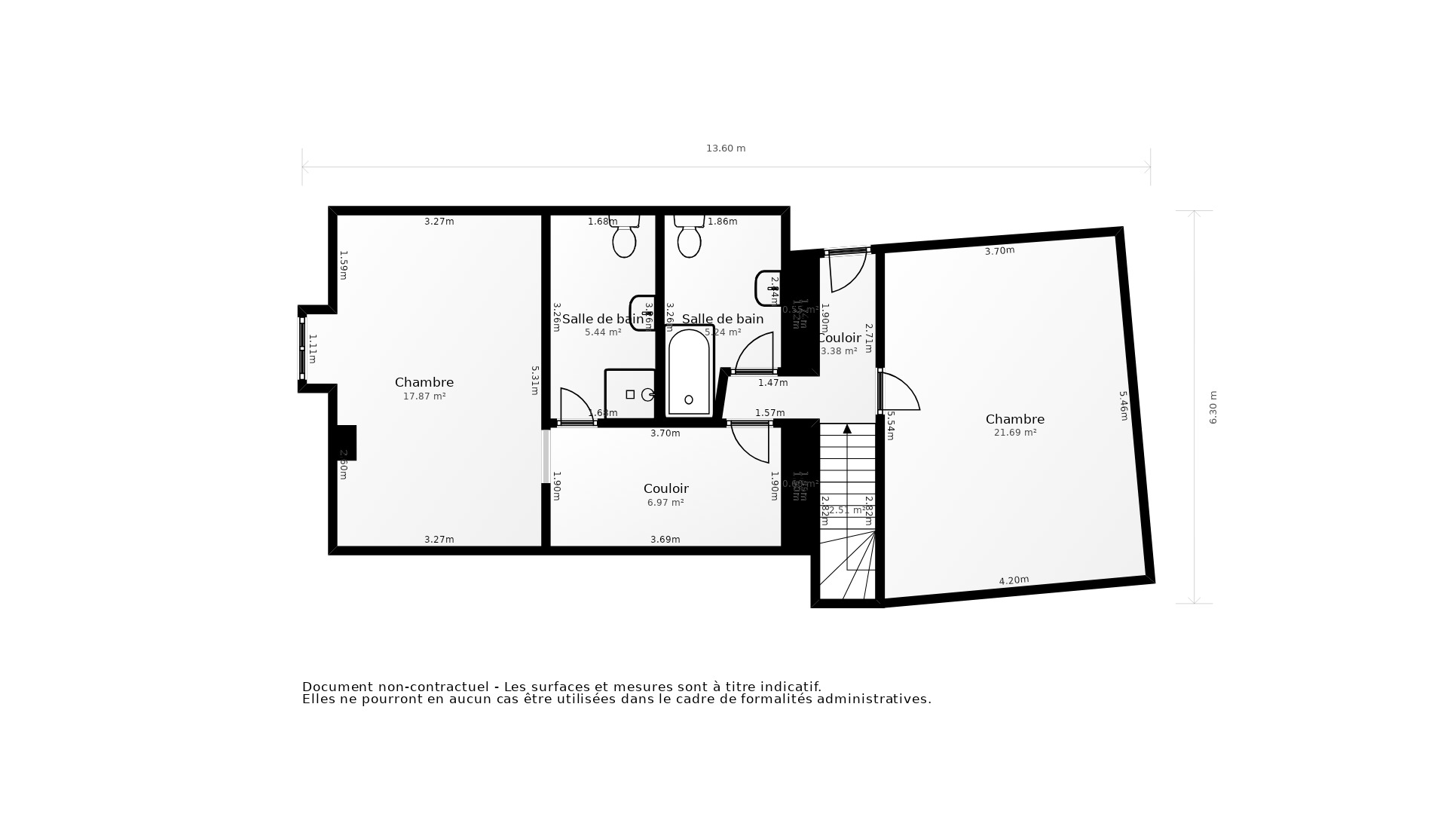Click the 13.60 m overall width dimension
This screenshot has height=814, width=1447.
click(x=725, y=148)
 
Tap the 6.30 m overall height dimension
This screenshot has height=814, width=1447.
click(x=1213, y=407)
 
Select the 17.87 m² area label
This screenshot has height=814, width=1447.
click(x=424, y=396)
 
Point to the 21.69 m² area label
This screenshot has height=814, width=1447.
click(x=1015, y=433)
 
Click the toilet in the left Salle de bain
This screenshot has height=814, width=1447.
click(x=624, y=238)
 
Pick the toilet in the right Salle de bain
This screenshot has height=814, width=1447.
click(x=689, y=238)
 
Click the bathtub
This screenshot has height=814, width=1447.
click(x=689, y=372)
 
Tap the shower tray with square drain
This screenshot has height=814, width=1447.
click(x=630, y=394)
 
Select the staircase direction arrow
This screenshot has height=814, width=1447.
click(x=847, y=429)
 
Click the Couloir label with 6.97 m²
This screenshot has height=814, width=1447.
click(x=665, y=488)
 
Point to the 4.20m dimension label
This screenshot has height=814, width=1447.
click(x=1014, y=580)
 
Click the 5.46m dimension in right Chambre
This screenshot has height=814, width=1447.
click(x=1123, y=405)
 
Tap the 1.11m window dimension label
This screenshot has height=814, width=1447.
click(x=312, y=348)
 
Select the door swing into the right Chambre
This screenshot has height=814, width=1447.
click(x=901, y=392)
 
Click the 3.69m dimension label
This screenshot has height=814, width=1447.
click(x=665, y=540)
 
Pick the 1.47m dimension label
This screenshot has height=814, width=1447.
click(x=772, y=383)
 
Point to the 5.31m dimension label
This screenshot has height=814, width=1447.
click(x=534, y=380)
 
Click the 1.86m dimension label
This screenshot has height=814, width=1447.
click(x=722, y=222)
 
